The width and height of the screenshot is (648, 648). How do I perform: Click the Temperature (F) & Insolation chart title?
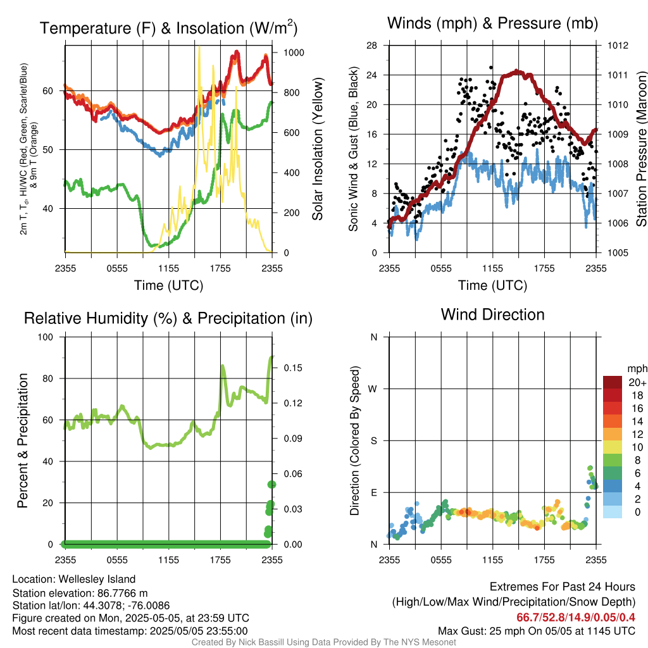pos(168,28)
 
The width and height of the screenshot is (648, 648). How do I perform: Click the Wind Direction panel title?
pos(492,315)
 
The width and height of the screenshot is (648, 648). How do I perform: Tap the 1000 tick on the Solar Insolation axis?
pos(294,53)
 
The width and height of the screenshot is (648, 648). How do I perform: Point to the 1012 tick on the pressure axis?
pos(618,46)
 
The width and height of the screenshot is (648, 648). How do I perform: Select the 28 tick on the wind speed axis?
pos(371,46)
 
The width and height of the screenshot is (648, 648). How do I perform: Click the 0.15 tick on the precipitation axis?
pos(293,368)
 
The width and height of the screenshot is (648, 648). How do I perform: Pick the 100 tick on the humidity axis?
pos(46,337)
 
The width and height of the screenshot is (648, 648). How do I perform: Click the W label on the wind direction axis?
pos(373,389)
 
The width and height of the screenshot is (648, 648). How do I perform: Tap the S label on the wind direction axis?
pos(373,440)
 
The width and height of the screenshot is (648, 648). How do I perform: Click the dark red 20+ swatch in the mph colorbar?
pos(613,382)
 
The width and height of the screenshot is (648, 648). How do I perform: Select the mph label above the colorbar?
pos(637,369)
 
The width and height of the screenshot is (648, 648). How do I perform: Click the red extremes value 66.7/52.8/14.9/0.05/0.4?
pos(576,618)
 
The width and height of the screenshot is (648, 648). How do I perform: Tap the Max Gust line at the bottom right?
pos(537,631)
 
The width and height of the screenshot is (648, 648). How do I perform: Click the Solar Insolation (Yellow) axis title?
pos(317,149)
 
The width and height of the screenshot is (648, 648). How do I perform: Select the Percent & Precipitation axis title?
pos(22,440)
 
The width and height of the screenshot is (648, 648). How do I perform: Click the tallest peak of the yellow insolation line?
pos(199,47)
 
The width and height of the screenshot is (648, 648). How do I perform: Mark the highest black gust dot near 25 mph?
pos(491,67)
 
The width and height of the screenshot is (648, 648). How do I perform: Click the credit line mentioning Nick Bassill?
pos(323,642)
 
